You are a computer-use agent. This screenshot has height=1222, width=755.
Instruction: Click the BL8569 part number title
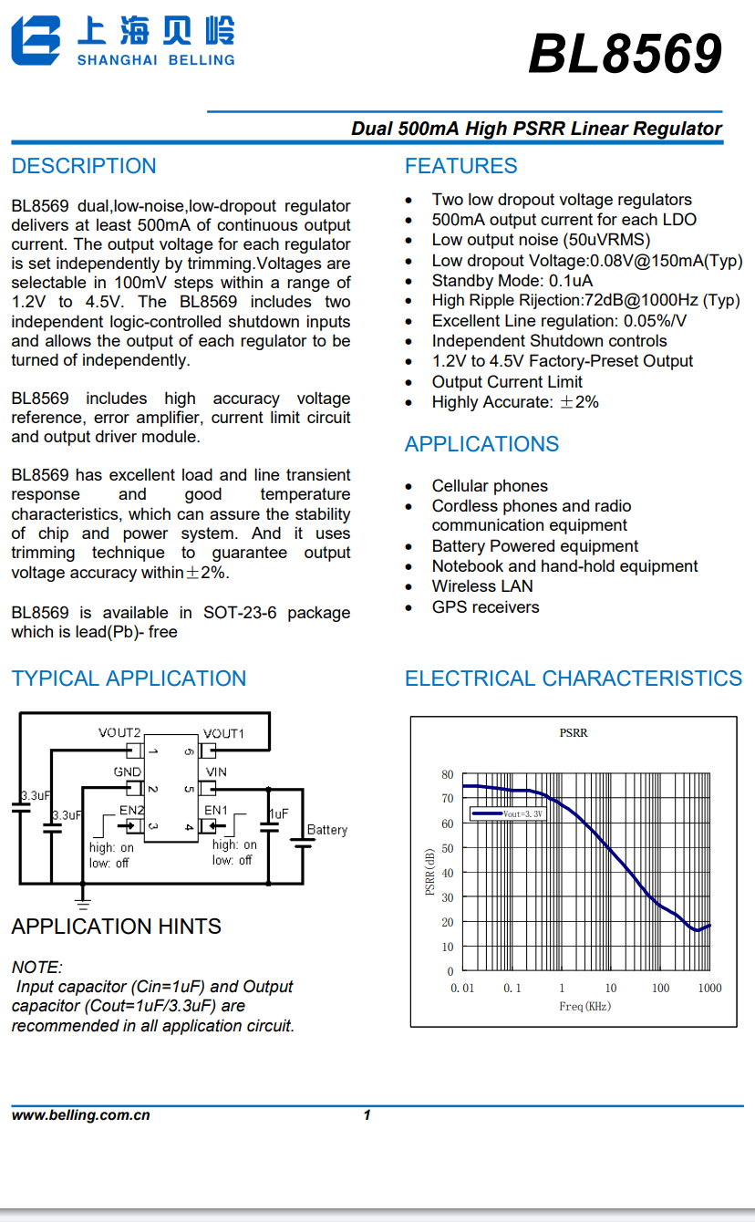tap(625, 55)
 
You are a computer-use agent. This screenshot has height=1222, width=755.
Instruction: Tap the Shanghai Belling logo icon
tap(36, 42)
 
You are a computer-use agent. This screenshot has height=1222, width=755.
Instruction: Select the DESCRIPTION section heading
tap(84, 166)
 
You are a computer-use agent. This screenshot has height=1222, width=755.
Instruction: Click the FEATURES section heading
tap(460, 166)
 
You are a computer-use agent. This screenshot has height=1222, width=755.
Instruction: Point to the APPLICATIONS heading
tap(481, 444)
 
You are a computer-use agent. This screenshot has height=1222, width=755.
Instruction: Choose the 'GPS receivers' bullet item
tap(485, 607)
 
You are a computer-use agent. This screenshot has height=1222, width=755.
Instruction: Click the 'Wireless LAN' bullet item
tap(482, 586)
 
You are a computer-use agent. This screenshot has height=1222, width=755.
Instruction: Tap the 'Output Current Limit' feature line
tap(507, 382)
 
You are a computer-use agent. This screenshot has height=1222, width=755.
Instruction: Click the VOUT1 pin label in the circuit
tap(223, 733)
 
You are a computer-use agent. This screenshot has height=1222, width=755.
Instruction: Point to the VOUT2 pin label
tap(119, 733)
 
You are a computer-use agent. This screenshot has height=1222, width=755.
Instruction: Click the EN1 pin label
tap(216, 810)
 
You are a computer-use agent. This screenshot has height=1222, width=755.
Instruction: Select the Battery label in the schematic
tap(327, 830)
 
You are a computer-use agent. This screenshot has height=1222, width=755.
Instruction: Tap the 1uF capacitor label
tap(278, 813)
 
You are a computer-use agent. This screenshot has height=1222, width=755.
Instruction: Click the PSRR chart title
tap(574, 733)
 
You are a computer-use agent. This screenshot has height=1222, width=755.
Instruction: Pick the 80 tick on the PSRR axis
tap(447, 775)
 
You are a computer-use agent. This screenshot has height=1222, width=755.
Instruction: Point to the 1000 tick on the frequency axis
tap(709, 988)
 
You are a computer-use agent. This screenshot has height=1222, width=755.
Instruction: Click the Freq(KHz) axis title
tap(584, 1007)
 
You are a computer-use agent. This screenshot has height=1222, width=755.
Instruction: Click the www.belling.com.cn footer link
tap(80, 1115)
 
